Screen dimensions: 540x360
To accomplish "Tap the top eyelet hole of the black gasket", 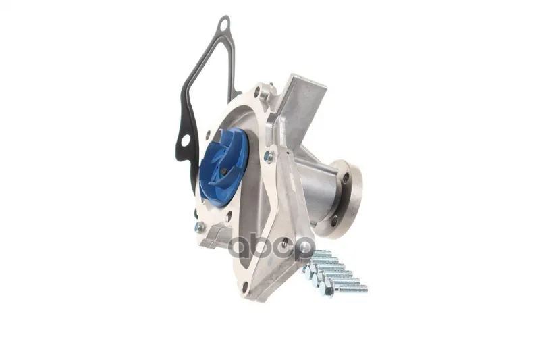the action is point(223,25).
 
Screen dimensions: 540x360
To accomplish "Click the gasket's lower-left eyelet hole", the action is point(186,140).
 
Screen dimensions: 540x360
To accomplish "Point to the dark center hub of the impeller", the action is point(223,171).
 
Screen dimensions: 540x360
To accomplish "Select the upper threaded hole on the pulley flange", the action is point(346,178).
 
